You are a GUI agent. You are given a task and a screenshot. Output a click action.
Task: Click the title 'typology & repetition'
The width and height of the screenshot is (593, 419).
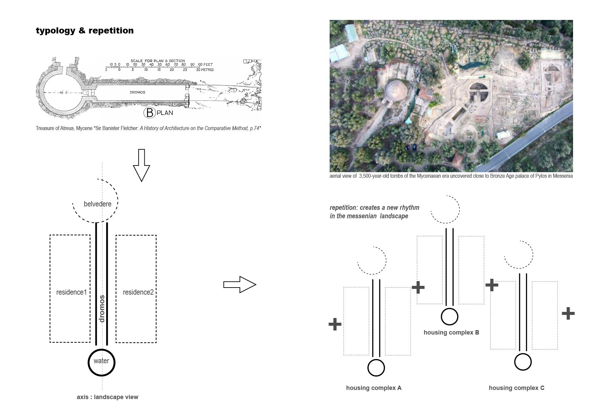(85, 31)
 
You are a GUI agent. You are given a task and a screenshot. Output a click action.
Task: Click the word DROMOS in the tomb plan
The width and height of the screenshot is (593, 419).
(137, 92)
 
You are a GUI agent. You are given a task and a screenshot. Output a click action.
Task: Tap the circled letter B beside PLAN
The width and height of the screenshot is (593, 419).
(149, 113)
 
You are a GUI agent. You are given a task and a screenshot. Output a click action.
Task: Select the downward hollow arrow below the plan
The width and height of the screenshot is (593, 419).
(141, 165)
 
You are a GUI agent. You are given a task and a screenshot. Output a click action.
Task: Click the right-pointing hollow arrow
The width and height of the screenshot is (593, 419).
(239, 285)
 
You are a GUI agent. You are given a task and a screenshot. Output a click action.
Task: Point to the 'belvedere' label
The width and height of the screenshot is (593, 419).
(97, 204)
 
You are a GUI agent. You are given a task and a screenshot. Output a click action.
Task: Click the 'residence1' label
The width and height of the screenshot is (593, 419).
(71, 292)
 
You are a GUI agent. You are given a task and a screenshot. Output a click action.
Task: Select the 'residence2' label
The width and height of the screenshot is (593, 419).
(138, 292)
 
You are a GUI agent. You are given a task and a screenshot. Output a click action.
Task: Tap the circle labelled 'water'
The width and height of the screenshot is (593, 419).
(101, 362)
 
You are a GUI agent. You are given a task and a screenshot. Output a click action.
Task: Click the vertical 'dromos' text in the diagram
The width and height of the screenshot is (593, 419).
(102, 309)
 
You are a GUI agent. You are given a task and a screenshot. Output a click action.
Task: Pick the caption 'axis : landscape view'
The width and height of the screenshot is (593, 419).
(108, 397)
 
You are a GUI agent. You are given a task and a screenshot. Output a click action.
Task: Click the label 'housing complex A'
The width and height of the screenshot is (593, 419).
(374, 388)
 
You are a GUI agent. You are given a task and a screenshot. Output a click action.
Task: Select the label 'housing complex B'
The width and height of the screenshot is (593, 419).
(451, 332)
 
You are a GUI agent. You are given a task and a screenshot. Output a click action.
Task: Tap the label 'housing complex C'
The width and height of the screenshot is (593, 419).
(516, 388)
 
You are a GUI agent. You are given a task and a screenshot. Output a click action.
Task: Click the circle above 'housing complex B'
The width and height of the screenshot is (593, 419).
(449, 317)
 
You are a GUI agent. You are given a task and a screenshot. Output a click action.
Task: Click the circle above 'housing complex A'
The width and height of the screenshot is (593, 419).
(376, 368)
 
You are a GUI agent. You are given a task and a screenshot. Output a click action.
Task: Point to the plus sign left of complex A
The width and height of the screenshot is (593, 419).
(335, 324)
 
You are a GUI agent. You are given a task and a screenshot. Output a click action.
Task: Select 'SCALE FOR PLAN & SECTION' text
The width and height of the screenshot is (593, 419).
(158, 61)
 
